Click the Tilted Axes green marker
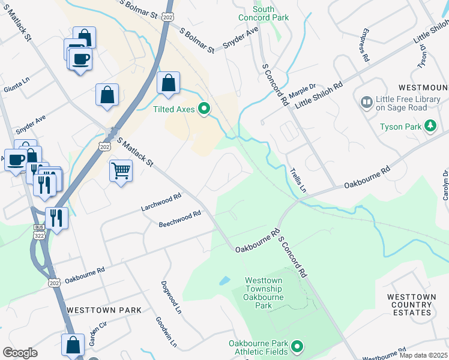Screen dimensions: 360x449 coord(204,109)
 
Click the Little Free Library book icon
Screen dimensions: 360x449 coord(366,103)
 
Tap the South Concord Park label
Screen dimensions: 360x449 coord(271,13)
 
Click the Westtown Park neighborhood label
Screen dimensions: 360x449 coord(104,310)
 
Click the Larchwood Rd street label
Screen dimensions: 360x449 coord(161,202)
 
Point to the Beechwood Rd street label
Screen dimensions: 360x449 coord(179,219)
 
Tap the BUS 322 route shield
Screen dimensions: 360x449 coord(39,231)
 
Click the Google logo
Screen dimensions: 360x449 coord(20,353)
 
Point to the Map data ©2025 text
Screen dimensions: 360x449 coord(423,355)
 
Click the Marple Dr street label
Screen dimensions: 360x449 coord(301,92)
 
